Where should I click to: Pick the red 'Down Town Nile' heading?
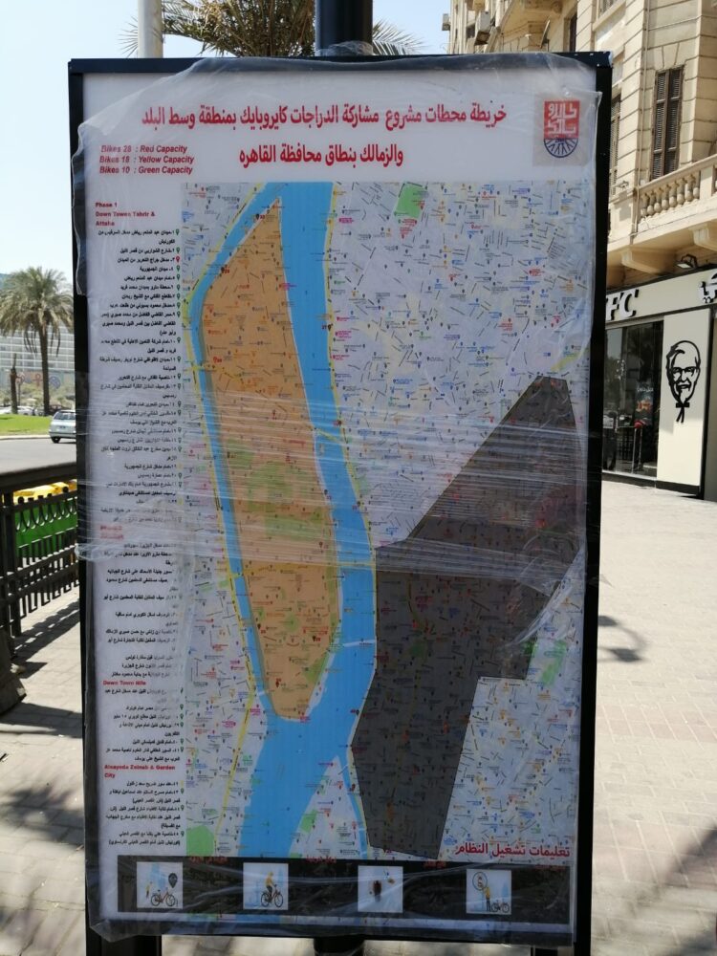coord(123,684)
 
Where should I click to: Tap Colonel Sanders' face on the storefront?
coord(683,374)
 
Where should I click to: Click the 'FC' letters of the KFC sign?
coord(621,305)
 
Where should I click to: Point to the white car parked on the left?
coord(63,425)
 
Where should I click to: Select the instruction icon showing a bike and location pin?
coord(159,885)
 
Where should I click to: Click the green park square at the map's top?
coord(410,200)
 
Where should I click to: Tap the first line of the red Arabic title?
coord(325,116)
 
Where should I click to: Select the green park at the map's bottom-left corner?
coord(201,839)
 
